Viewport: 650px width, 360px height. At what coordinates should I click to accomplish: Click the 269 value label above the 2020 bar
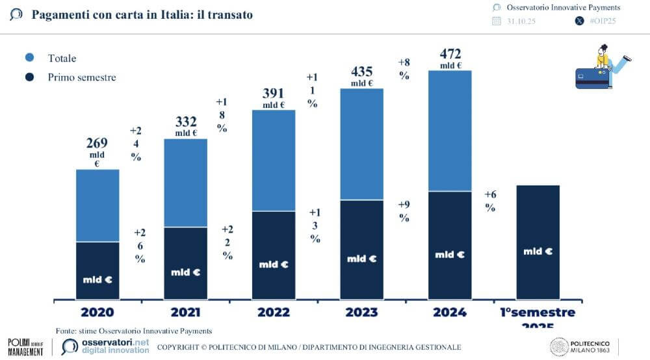[97, 143]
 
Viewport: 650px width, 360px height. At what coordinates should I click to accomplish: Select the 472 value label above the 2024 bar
[450, 53]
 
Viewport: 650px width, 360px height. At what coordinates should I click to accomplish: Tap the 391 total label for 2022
[274, 94]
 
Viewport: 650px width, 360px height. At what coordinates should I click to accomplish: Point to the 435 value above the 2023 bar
[361, 71]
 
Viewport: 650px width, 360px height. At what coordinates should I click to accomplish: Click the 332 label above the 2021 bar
[186, 122]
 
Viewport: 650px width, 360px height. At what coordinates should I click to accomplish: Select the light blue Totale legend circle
[30, 58]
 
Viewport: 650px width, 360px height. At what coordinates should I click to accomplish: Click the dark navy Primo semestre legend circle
[30, 77]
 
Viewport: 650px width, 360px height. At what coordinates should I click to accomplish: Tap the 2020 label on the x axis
[97, 312]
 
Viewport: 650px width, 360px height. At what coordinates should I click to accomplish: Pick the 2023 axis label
[362, 312]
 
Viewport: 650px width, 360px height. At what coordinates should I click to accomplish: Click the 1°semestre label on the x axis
[537, 313]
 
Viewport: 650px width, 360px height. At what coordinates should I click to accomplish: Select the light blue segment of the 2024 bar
[450, 130]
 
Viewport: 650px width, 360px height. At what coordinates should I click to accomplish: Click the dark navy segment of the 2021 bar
[186, 263]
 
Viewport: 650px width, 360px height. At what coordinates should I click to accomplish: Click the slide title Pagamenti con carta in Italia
[142, 14]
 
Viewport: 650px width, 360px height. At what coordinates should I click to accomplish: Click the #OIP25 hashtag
[602, 21]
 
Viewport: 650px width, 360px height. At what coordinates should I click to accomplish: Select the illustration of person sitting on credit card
[601, 68]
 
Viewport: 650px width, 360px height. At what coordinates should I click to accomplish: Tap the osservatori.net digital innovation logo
[106, 346]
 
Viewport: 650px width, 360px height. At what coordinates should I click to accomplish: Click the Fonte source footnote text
[133, 331]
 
